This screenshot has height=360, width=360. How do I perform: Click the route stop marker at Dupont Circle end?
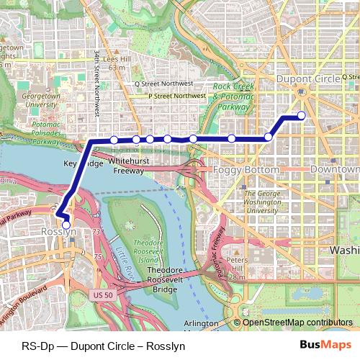(301, 115)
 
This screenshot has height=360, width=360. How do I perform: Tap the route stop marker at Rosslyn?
(66, 225)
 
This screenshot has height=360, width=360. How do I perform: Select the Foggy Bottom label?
(246, 170)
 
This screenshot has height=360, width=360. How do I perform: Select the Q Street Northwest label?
(170, 84)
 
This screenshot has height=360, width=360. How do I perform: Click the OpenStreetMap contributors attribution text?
(297, 323)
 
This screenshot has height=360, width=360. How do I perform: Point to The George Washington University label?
(261, 202)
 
